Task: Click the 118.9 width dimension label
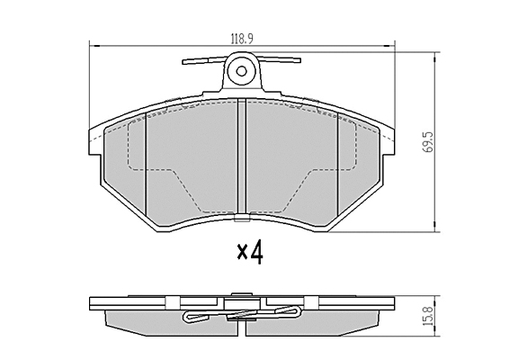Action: pyautogui.click(x=242, y=40)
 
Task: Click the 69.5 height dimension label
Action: pyautogui.click(x=428, y=141)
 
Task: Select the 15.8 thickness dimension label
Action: pyautogui.click(x=428, y=317)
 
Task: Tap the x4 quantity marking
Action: pyautogui.click(x=250, y=252)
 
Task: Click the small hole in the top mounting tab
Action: pyautogui.click(x=242, y=71)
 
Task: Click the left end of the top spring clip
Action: pyautogui.click(x=183, y=62)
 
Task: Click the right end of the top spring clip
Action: pyautogui.click(x=299, y=60)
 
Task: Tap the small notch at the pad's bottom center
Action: pyautogui.click(x=242, y=218)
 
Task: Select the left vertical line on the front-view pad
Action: pyautogui.click(x=146, y=164)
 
